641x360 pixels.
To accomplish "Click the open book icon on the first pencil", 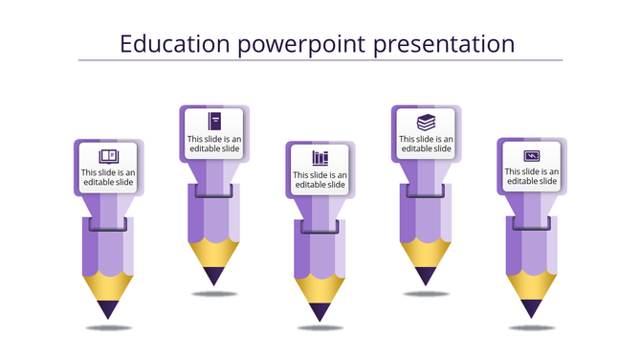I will pyautogui.click(x=108, y=155).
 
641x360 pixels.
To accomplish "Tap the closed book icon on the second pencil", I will pyautogui.click(x=214, y=121).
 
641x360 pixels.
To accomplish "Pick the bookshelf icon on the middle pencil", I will pyautogui.click(x=320, y=157).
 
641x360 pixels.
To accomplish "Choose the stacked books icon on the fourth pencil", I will pyautogui.click(x=426, y=122).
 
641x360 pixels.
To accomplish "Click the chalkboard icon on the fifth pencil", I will pyautogui.click(x=532, y=155).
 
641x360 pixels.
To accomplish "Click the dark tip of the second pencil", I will pyautogui.click(x=214, y=276).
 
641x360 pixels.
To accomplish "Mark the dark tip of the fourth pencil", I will pyautogui.click(x=426, y=276).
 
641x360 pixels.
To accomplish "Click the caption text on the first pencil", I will pyautogui.click(x=108, y=178).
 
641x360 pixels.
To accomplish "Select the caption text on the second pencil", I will pyautogui.click(x=214, y=145).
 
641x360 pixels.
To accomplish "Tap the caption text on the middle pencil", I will pyautogui.click(x=320, y=180).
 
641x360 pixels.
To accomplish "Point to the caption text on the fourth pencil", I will pyautogui.click(x=426, y=145).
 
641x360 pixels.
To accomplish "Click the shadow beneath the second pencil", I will pyautogui.click(x=214, y=293).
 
